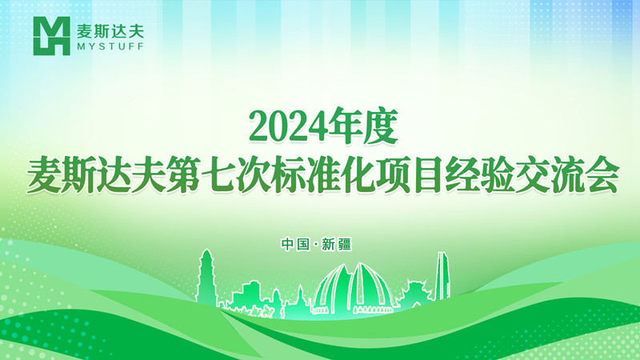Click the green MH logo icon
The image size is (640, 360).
tap(51, 36)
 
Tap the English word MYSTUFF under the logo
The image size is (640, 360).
tap(110, 46)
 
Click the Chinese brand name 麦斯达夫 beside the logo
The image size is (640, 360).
tap(110, 30)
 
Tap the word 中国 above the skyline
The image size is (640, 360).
tap(295, 244)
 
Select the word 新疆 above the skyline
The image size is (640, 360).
tap(336, 244)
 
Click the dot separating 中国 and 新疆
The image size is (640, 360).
tap(315, 245)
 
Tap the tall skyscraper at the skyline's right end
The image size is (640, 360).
tap(442, 276)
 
